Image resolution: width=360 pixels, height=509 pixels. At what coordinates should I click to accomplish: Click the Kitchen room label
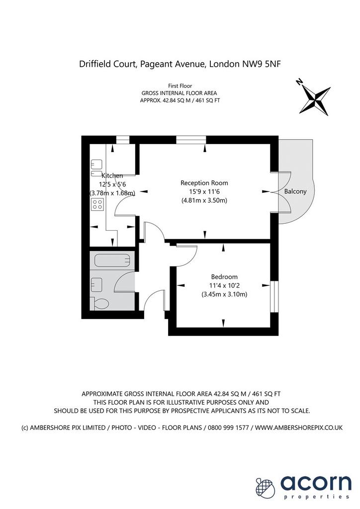coord(112,175)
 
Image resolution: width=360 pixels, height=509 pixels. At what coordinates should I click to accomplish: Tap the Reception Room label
coord(204,183)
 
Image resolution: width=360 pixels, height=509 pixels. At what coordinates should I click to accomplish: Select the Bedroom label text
coord(224,277)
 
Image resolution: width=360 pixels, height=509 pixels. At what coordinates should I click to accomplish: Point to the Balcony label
coord(295,191)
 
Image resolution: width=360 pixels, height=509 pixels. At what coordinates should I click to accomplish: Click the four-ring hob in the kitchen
coord(97,204)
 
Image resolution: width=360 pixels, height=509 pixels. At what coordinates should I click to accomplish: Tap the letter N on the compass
coord(300,82)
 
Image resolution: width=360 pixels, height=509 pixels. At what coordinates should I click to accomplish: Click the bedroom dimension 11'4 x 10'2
coord(224,286)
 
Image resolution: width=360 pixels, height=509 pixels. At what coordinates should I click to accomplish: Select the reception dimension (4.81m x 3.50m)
coord(204,200)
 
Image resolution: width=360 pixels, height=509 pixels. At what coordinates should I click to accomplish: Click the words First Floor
coord(180,85)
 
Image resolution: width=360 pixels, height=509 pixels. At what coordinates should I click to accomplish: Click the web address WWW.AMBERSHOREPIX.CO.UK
coord(299,427)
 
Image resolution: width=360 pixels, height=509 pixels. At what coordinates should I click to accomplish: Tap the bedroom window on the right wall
coord(274,297)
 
